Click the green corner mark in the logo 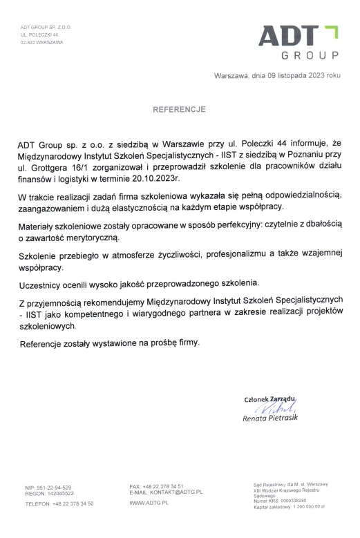pyautogui.click(x=332, y=30)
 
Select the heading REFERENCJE pyautogui.click(x=180, y=109)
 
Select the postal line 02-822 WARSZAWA pyautogui.click(x=41, y=42)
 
